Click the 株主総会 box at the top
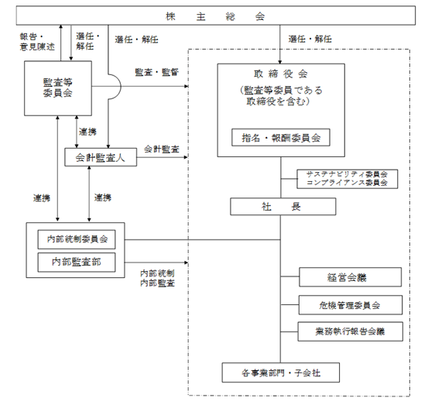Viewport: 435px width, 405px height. click(x=215, y=15)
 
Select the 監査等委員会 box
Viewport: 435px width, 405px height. click(x=58, y=88)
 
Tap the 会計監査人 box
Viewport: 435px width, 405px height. click(x=101, y=157)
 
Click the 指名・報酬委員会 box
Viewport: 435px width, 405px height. click(x=281, y=137)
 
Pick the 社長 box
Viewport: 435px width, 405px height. click(x=283, y=207)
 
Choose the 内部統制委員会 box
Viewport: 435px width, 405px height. click(x=77, y=239)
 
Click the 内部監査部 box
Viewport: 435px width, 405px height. click(x=77, y=262)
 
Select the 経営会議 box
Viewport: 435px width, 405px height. click(x=350, y=277)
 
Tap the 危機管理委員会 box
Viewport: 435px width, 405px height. click(x=351, y=305)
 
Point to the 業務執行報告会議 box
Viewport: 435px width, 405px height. click(x=351, y=331)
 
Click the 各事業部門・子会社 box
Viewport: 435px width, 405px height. click(x=281, y=372)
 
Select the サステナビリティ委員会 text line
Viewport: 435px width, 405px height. click(x=347, y=174)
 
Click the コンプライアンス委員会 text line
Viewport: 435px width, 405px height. click(x=347, y=183)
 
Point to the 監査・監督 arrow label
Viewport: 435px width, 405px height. click(x=157, y=72)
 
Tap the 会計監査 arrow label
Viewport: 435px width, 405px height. click(x=162, y=149)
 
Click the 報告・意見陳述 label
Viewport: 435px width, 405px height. click(x=37, y=42)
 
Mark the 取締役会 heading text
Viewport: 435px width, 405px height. click(x=281, y=74)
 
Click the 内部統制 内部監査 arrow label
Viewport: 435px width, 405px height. click(x=157, y=278)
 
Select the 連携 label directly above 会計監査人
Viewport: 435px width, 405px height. click(x=87, y=132)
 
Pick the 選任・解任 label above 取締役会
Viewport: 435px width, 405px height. click(x=310, y=39)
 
